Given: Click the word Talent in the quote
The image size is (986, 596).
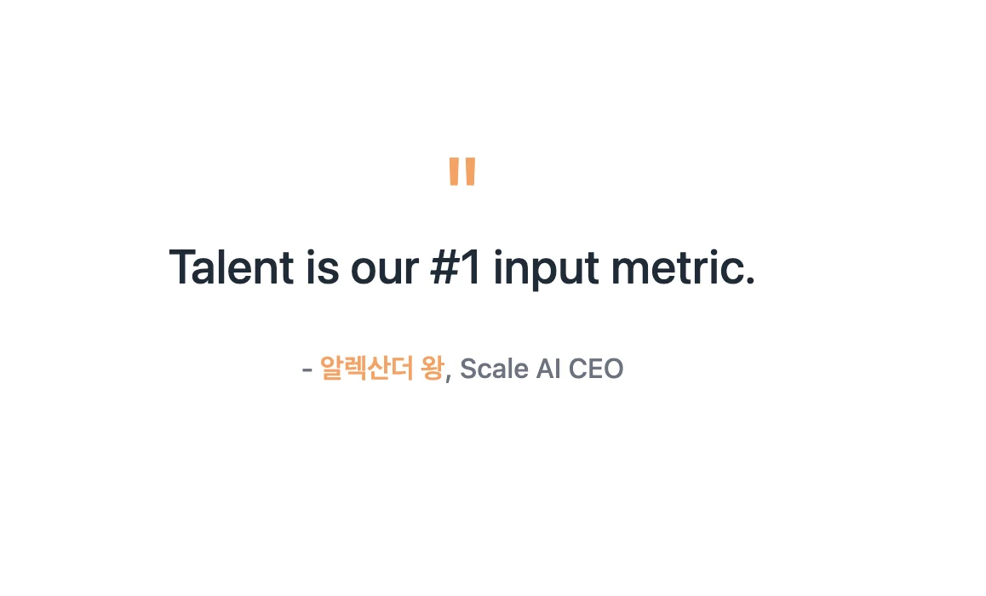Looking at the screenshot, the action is [232, 267].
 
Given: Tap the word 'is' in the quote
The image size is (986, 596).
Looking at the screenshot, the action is [323, 267].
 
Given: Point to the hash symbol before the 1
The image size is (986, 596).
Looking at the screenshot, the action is [444, 267].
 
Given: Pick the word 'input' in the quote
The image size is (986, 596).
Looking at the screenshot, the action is [546, 270].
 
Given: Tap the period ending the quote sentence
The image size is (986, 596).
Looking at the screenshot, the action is [749, 281].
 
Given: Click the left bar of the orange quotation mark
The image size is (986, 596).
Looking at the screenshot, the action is [454, 171].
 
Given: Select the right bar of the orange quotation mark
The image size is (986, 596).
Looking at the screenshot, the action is [470, 171].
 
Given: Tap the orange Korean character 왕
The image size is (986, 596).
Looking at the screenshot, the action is [433, 368].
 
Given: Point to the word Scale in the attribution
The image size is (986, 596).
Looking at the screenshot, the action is [494, 369].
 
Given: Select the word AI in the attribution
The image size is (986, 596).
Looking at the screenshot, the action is [548, 369].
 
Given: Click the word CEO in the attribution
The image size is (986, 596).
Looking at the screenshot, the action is [596, 369].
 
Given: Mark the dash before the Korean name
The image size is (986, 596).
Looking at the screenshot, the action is [307, 370].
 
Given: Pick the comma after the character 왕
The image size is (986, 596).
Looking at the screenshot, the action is [449, 377].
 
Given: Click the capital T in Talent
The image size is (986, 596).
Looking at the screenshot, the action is [183, 267].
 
